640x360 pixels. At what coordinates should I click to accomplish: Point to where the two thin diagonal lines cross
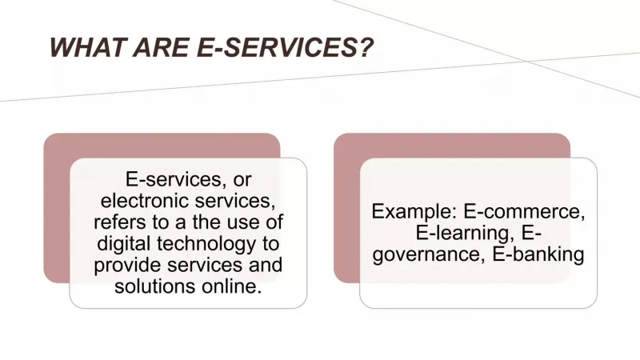click(x=524, y=61)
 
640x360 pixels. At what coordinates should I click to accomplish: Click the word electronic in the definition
click(x=145, y=201)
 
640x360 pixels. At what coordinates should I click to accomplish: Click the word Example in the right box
click(x=414, y=212)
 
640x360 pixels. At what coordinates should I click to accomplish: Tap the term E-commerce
click(x=525, y=212)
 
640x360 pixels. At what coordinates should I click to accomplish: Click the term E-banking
click(x=538, y=254)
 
